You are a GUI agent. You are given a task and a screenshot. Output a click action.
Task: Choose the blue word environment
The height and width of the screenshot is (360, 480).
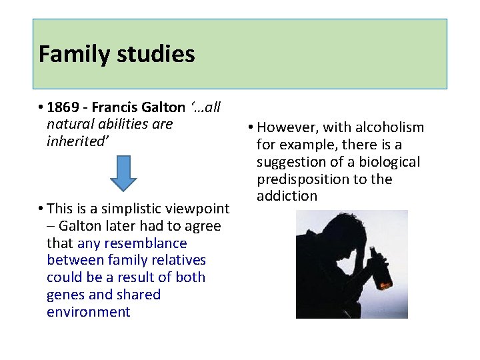point(89,312)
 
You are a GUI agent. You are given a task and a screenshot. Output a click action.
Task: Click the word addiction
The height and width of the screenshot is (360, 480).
point(287,196)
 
